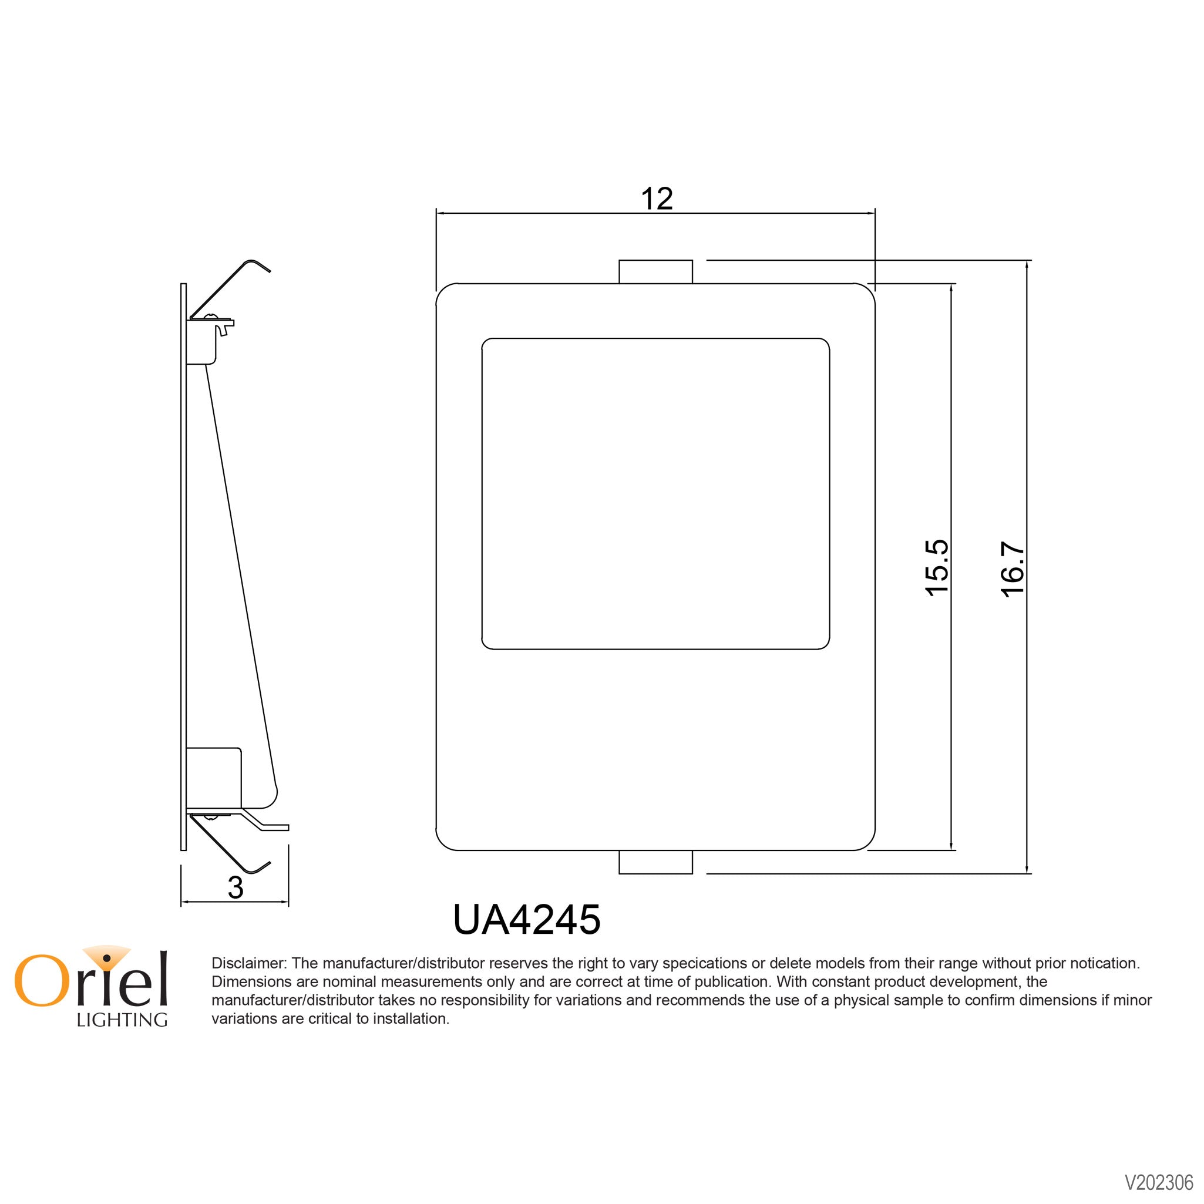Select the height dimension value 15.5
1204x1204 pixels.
(937, 568)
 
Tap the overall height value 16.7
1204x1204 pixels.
(1013, 569)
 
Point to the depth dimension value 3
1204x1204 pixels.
(235, 888)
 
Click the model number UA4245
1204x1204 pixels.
(527, 920)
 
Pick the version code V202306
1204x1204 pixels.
(1158, 1183)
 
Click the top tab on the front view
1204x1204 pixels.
(655, 272)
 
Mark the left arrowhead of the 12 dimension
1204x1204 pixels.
(440, 213)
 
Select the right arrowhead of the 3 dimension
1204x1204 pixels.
(285, 902)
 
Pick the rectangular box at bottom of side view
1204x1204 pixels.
(214, 777)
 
